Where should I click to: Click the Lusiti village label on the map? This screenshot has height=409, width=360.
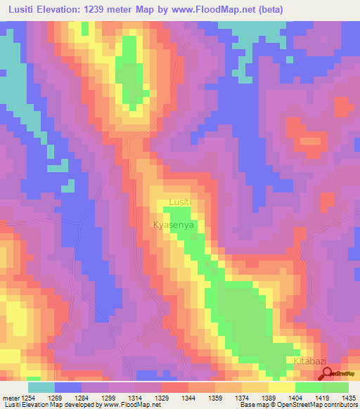[x=180, y=203]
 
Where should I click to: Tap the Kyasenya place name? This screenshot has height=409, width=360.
[x=173, y=226]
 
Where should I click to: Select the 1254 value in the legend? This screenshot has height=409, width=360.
[x=29, y=398]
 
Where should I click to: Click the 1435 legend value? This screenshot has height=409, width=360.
[x=348, y=398]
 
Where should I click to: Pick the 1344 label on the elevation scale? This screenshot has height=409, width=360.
[x=189, y=398]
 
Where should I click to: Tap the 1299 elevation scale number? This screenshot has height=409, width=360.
[x=109, y=398]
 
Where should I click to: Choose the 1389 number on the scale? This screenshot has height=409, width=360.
[x=269, y=398]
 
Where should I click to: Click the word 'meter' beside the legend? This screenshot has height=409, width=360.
[x=10, y=398]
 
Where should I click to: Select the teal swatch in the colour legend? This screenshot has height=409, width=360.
[x=41, y=387]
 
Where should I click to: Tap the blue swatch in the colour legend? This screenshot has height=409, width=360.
[x=68, y=387]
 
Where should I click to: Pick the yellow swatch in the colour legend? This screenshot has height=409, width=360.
[x=282, y=387]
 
